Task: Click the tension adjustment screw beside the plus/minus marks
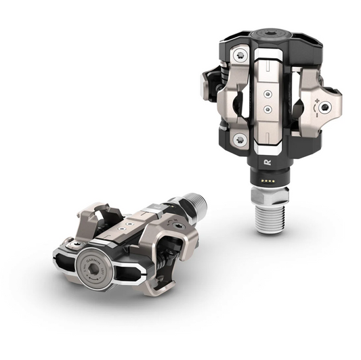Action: [x=326, y=107]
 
